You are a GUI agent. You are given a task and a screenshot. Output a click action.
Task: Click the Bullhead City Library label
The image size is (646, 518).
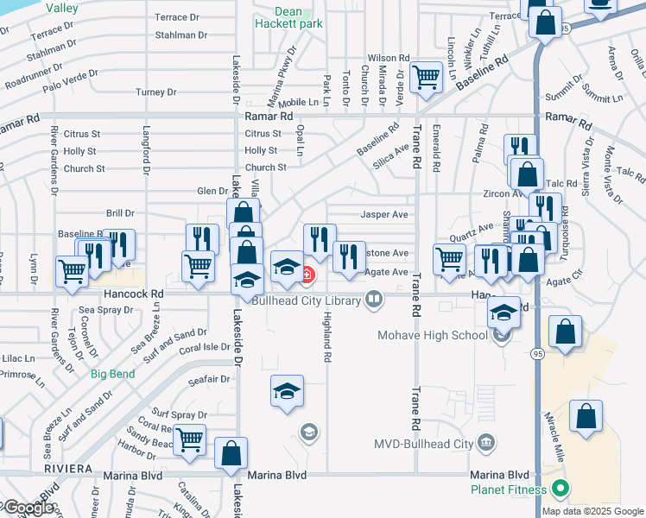pyautogui.click(x=307, y=301)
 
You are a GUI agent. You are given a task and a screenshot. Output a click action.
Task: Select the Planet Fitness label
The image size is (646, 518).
pyautogui.click(x=510, y=490)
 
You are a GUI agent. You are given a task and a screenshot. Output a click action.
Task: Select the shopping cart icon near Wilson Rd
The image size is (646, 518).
pyautogui.click(x=426, y=78)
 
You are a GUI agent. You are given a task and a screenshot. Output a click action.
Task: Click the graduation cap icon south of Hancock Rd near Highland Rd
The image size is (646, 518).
pyautogui.click(x=288, y=393)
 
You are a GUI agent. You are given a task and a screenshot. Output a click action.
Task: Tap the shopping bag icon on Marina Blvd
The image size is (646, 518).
pyautogui.click(x=231, y=454)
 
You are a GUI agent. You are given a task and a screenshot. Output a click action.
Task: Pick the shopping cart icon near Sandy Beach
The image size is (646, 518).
pyautogui.click(x=189, y=439)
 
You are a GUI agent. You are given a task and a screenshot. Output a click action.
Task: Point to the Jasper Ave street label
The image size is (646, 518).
pyautogui.click(x=384, y=214)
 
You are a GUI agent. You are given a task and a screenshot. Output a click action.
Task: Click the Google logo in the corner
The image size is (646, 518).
pyautogui.click(x=28, y=508)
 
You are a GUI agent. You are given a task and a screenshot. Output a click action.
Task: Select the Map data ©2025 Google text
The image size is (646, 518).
pyautogui.click(x=593, y=511)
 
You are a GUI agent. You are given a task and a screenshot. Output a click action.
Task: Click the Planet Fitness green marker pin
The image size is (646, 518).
pyautogui.click(x=560, y=490)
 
